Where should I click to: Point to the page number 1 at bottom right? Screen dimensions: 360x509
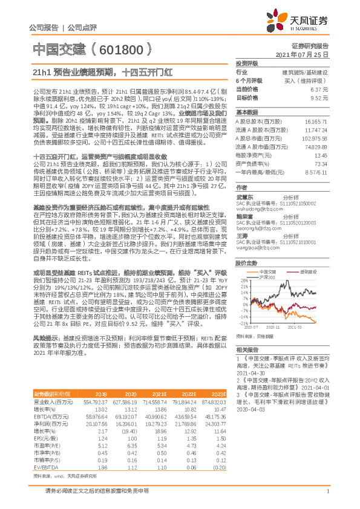point(327,497)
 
